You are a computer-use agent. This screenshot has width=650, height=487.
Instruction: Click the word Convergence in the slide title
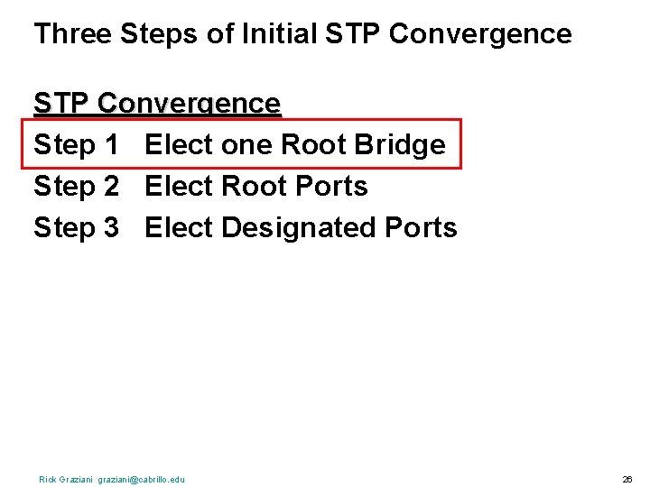(x=480, y=34)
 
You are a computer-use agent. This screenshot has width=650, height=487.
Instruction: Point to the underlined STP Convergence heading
(x=157, y=104)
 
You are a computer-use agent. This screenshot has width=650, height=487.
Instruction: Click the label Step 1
(x=77, y=144)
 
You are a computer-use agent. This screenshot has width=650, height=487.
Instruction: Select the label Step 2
(x=77, y=186)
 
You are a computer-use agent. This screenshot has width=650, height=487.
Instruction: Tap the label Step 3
(x=77, y=227)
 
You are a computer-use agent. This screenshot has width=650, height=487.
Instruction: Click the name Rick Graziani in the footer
(x=67, y=479)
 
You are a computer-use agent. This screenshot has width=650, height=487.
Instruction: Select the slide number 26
(x=627, y=479)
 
